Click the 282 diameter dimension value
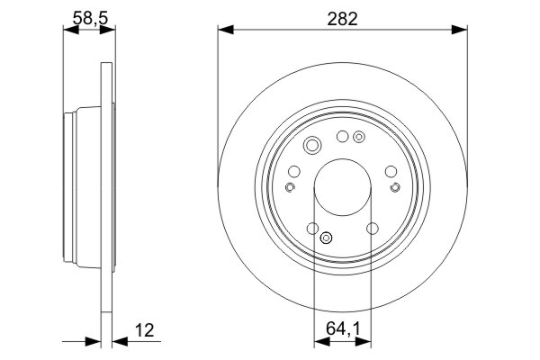[x=342, y=18]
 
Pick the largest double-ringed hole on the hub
[x=312, y=147]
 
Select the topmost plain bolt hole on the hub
[x=342, y=137]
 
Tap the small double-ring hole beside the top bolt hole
[x=359, y=138]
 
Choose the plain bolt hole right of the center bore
[x=390, y=171]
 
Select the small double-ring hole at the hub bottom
[x=327, y=238]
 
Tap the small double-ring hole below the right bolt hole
[x=394, y=187]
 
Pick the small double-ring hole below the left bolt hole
[x=290, y=187]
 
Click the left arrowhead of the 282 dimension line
[x=224, y=31]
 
